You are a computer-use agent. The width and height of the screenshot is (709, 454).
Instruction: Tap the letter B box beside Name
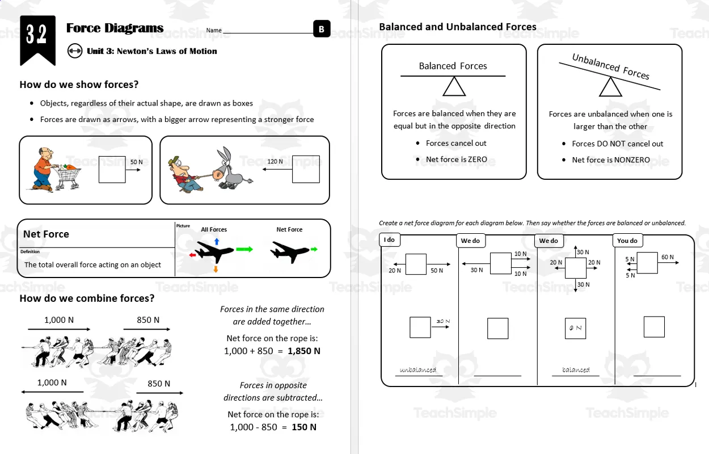[322, 30]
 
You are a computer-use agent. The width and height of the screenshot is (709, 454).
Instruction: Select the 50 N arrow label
[137, 162]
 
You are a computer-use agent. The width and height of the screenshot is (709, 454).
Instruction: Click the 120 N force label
[275, 162]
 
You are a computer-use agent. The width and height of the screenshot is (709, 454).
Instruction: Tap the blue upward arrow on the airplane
[217, 241]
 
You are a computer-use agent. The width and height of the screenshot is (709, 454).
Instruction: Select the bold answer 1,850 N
[303, 351]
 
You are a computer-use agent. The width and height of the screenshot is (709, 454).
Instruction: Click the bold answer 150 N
[303, 427]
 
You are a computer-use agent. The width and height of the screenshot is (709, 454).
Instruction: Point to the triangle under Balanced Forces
[454, 86]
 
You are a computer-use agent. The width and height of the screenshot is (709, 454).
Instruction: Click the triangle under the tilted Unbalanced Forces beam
[610, 87]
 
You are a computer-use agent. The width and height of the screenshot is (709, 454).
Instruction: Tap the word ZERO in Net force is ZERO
[477, 159]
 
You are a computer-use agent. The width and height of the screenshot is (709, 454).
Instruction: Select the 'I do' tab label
[389, 240]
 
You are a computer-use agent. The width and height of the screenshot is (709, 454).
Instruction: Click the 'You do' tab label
[627, 241]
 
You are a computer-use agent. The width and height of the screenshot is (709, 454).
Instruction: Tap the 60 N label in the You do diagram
[667, 257]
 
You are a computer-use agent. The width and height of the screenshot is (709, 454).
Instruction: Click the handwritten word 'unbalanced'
[418, 370]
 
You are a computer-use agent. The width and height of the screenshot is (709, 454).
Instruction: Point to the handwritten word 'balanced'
[576, 370]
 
